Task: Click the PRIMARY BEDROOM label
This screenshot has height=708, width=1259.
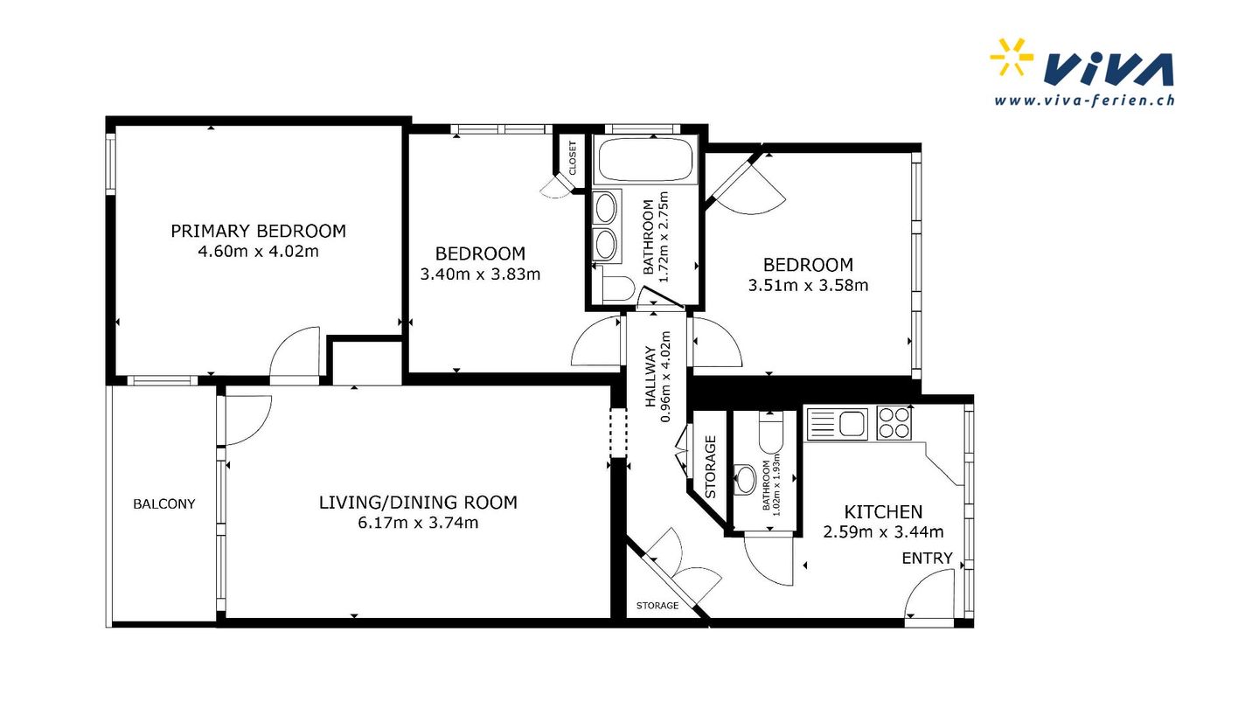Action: [x=259, y=231]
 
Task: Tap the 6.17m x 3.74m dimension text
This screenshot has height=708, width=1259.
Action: [x=418, y=523]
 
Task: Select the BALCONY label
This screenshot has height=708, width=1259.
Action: [x=164, y=504]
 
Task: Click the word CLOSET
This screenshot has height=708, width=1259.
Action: [x=573, y=158]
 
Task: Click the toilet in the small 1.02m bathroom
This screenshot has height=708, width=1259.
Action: [x=770, y=431]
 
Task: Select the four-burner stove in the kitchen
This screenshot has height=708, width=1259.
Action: [x=894, y=422]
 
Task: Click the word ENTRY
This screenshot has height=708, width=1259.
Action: [x=928, y=559]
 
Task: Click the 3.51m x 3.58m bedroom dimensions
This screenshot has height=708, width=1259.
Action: [x=808, y=286]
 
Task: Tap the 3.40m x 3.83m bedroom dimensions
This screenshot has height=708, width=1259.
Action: [x=481, y=274]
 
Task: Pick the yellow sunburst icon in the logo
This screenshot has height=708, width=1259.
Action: [x=1011, y=57]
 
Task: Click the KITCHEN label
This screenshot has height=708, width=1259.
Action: [x=884, y=512]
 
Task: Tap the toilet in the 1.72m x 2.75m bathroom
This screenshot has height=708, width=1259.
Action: [x=616, y=288]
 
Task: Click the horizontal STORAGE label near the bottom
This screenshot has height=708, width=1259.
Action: [x=657, y=606]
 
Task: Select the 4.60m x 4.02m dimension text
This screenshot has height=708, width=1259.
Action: [x=259, y=251]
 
